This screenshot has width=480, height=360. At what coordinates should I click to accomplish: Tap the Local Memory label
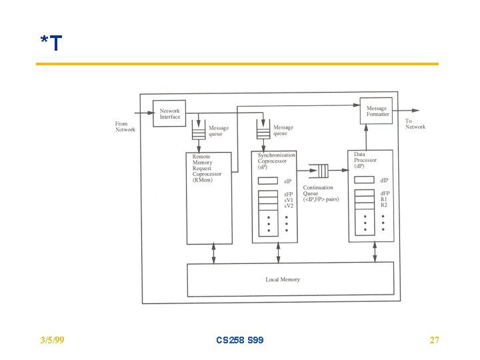[283, 279]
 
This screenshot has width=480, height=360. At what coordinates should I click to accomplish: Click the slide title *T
[51, 43]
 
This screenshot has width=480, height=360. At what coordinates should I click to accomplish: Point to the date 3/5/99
[53, 340]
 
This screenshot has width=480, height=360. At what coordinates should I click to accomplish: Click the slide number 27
[434, 340]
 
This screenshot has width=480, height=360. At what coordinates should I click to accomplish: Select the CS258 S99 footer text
[240, 340]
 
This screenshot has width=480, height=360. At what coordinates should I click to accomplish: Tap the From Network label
[125, 127]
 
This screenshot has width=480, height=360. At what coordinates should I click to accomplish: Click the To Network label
[415, 124]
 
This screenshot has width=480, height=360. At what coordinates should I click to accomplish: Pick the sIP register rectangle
[268, 181]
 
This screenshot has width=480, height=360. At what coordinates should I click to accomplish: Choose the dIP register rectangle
[364, 180]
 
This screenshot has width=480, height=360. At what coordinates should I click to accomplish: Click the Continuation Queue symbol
[319, 171]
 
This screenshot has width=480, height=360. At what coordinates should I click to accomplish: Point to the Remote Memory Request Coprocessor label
[207, 168]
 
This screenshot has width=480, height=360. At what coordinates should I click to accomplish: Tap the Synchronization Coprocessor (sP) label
[276, 161]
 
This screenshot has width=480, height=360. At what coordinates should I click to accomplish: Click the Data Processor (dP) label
[365, 160]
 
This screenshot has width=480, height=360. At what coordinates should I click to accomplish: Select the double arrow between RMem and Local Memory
[214, 253]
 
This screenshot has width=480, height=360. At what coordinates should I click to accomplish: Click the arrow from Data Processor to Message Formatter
[366, 137]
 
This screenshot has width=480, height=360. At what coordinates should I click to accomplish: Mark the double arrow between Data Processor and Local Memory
[375, 252]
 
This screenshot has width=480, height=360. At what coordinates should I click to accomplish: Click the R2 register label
[384, 205]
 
